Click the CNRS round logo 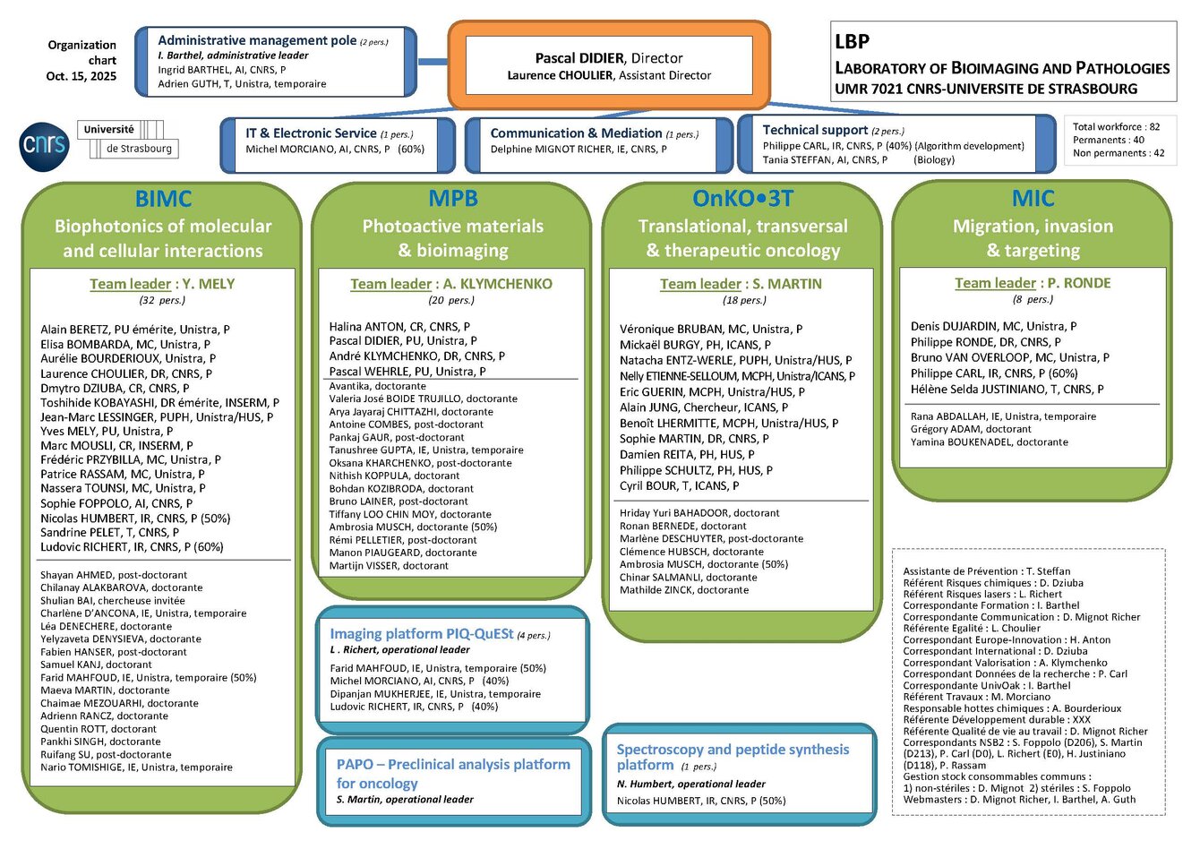coord(44,144)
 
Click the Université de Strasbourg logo coord(127,140)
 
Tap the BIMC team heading coord(163,198)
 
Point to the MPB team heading coord(453,198)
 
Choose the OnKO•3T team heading coord(742,198)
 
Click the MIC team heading coord(1033,198)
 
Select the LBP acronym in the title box coord(852,41)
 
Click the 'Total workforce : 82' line coord(1116,127)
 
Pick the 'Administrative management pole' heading coord(257,40)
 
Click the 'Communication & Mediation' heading coord(576,133)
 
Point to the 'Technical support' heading coord(815,130)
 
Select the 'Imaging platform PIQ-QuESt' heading coord(421,634)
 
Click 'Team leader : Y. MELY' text coord(162,284)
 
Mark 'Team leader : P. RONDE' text coord(1033,283)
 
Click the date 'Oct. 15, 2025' coord(81,76)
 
